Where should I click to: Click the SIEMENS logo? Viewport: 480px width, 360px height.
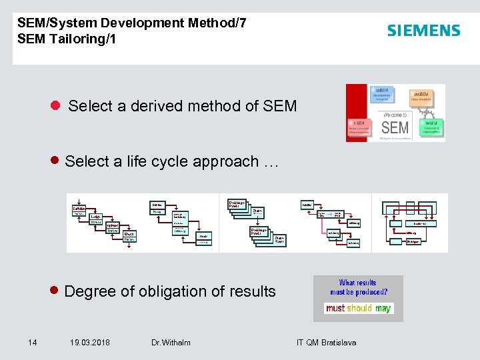[x=423, y=31]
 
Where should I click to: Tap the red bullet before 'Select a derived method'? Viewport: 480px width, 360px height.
[x=56, y=105]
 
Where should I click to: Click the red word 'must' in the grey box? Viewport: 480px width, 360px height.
[x=335, y=308]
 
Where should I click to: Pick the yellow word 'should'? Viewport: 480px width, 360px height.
[x=359, y=308]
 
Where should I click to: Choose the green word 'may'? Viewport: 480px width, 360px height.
[x=383, y=308]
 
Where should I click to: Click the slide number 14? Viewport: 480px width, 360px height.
[x=32, y=343]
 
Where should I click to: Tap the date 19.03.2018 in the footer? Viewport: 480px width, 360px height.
[x=91, y=343]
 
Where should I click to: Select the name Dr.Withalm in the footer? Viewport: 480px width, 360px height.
[x=171, y=343]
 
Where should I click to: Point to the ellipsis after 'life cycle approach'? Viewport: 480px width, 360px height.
[x=269, y=161]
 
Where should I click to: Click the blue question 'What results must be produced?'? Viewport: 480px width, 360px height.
[x=358, y=287]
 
